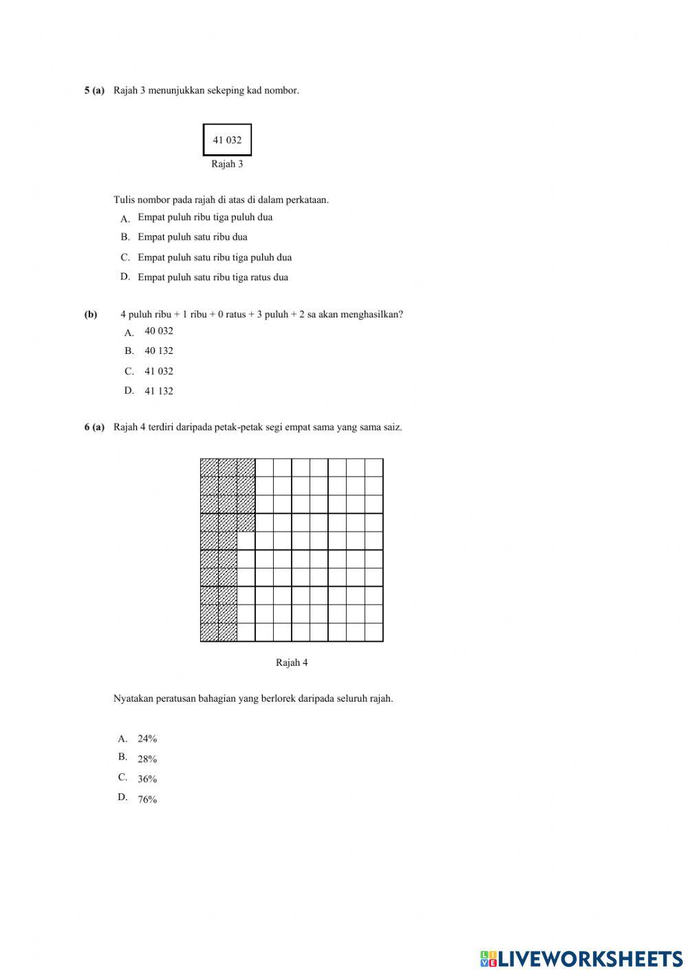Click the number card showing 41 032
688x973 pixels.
(227, 140)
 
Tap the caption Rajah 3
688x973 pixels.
(227, 164)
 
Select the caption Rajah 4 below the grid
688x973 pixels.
(292, 662)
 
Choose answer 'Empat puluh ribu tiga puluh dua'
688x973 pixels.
(205, 217)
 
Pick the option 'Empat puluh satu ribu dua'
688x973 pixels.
(193, 237)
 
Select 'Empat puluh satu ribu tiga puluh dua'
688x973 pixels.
(215, 258)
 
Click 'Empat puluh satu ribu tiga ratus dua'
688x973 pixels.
(213, 278)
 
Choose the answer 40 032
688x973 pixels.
(159, 331)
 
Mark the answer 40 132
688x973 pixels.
(159, 351)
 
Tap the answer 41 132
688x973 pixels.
(159, 391)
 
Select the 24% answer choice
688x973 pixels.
(147, 739)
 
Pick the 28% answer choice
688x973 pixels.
(147, 759)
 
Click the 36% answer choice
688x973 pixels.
(147, 779)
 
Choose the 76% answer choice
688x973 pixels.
(147, 799)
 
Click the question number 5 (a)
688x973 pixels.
(94, 90)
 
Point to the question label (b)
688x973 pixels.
(91, 314)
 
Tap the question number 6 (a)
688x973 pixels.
(94, 427)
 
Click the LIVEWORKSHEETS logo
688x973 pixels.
(581, 959)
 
